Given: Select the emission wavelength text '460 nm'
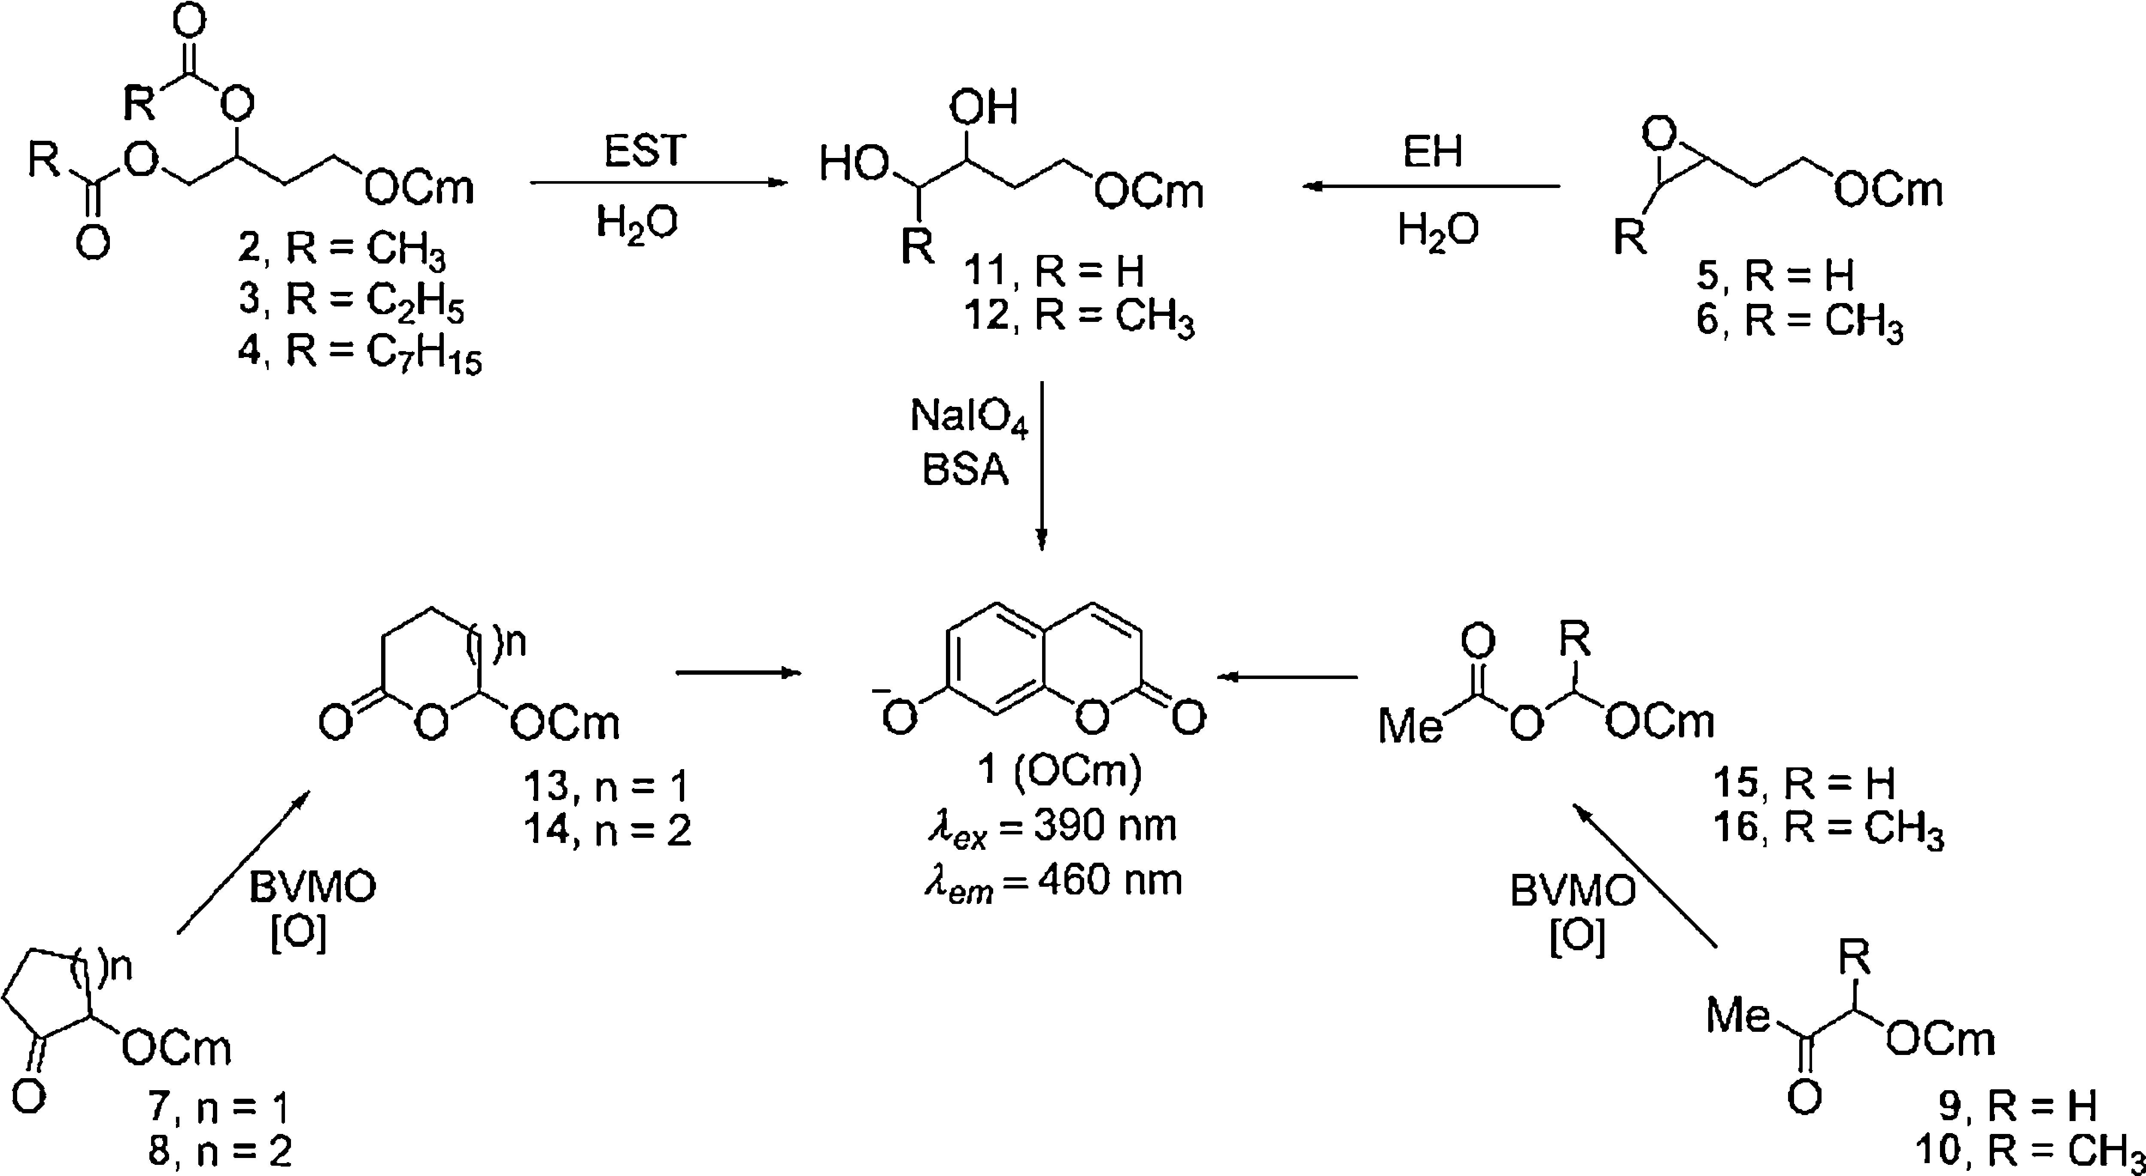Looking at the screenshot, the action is (1109, 880).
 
